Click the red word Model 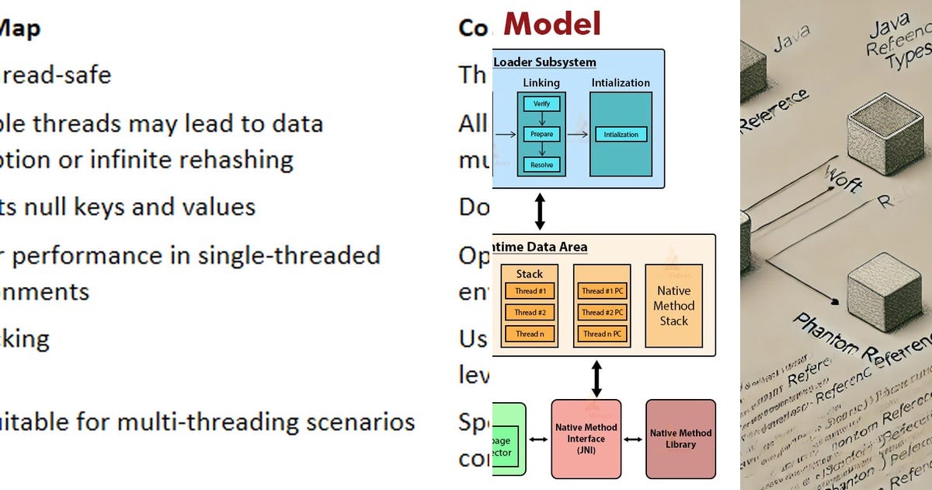pyautogui.click(x=552, y=23)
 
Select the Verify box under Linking pyautogui.click(x=541, y=103)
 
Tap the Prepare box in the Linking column pyautogui.click(x=541, y=134)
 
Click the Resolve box pyautogui.click(x=541, y=164)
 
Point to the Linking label pyautogui.click(x=541, y=82)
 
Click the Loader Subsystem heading pyautogui.click(x=545, y=61)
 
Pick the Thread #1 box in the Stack pyautogui.click(x=530, y=291)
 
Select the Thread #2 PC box pyautogui.click(x=602, y=312)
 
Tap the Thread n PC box pyautogui.click(x=602, y=334)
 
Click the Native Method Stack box pyautogui.click(x=673, y=306)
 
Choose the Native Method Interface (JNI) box pyautogui.click(x=586, y=439)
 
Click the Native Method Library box pyautogui.click(x=680, y=439)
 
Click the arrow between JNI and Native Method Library pyautogui.click(x=633, y=439)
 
